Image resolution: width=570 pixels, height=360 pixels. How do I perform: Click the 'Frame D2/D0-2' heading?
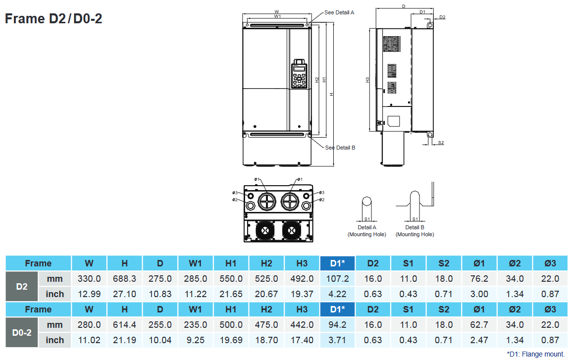point(53,18)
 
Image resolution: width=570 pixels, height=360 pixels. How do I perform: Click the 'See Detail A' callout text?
point(339,12)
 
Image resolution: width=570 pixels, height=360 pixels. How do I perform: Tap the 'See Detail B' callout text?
point(340,148)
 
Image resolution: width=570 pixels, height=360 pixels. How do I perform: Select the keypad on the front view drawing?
point(299,74)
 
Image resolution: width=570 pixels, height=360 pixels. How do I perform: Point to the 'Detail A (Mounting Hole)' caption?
point(367,231)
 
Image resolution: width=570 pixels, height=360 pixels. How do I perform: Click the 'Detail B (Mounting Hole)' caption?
point(415,231)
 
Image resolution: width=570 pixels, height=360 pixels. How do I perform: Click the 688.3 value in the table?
point(124,279)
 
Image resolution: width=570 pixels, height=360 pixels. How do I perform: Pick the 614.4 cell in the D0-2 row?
point(124,325)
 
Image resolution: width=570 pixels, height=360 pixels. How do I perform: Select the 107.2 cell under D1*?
point(337,279)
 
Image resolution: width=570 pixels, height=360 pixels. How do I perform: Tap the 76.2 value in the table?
point(479,279)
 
